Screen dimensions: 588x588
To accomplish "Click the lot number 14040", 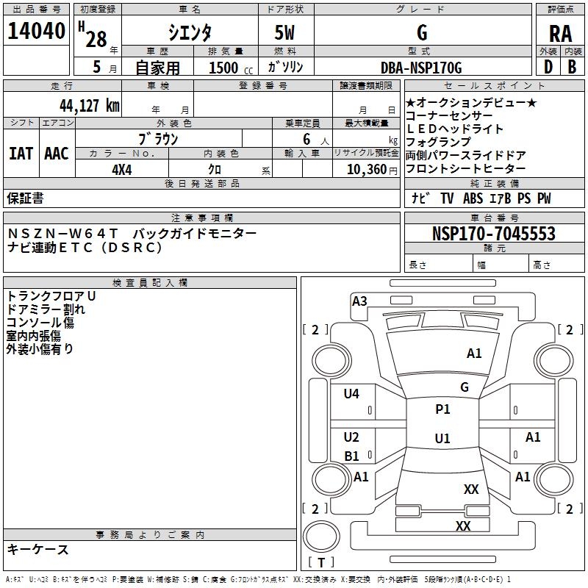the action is click(x=36, y=31).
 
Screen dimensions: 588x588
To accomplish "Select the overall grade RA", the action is click(x=560, y=34).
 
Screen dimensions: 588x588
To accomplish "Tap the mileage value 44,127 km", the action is click(x=89, y=106).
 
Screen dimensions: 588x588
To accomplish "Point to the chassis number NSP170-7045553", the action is click(x=493, y=233).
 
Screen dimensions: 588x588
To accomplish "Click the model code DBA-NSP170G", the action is click(x=421, y=68).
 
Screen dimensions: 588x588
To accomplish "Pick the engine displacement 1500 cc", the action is click(x=231, y=68).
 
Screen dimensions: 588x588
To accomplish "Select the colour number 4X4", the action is click(x=122, y=170).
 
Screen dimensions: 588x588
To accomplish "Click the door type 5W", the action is click(x=284, y=32).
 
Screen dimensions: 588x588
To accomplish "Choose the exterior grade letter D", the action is click(x=548, y=67).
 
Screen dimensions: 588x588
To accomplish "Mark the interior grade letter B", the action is click(x=572, y=67).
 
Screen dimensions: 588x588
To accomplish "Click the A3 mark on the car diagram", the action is click(x=359, y=301).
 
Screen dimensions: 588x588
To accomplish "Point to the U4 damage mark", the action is click(x=351, y=394).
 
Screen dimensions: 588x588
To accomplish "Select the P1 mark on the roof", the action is click(x=442, y=409).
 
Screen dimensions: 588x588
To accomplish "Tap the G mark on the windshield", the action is click(x=465, y=387).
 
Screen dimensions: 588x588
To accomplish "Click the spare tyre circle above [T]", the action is click(x=321, y=537).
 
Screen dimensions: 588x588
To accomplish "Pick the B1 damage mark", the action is click(x=351, y=456).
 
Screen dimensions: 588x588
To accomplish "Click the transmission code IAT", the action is click(x=21, y=154).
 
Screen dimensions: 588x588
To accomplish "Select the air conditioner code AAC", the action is click(x=57, y=154).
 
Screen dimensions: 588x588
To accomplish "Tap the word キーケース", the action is click(x=38, y=550).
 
